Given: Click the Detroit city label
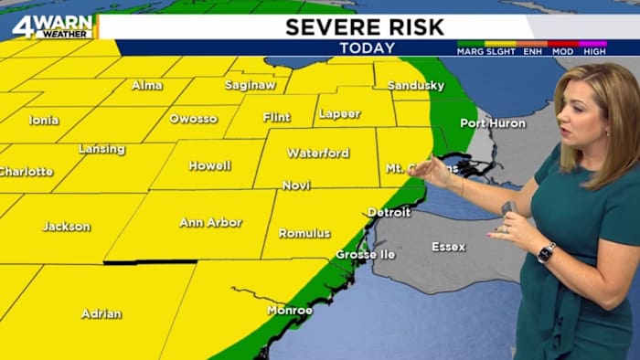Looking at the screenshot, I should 389,212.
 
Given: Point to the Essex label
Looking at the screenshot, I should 448,247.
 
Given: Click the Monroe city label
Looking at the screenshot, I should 289,311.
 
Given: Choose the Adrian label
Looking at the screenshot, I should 101,313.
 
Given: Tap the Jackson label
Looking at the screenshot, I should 66,226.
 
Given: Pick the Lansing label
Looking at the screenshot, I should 101,149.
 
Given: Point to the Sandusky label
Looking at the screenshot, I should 415,85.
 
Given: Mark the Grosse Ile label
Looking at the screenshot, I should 365,254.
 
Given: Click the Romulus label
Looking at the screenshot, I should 304,233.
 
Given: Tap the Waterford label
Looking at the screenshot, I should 319,153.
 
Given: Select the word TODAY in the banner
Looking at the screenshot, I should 367,48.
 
